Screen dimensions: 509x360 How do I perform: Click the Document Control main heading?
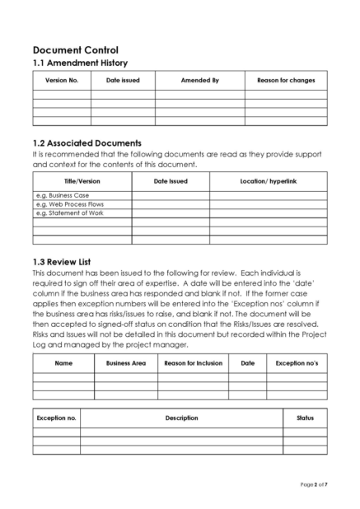click(75, 50)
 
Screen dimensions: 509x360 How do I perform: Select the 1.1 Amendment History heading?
click(79, 63)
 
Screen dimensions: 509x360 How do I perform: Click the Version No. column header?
click(62, 80)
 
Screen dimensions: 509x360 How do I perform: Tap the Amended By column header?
click(199, 80)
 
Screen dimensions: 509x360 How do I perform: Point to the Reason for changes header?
click(286, 80)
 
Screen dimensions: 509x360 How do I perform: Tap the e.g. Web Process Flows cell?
click(70, 204)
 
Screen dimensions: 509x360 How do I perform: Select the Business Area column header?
click(126, 362)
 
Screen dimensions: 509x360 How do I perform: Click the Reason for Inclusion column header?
click(194, 362)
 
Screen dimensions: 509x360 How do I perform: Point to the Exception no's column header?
click(297, 362)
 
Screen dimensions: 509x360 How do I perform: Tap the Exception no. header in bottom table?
click(57, 418)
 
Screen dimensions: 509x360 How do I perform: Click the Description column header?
click(181, 418)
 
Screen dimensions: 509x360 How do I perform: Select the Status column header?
click(305, 418)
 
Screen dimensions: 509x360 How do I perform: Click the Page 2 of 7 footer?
click(313, 483)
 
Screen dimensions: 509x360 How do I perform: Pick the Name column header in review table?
click(63, 362)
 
